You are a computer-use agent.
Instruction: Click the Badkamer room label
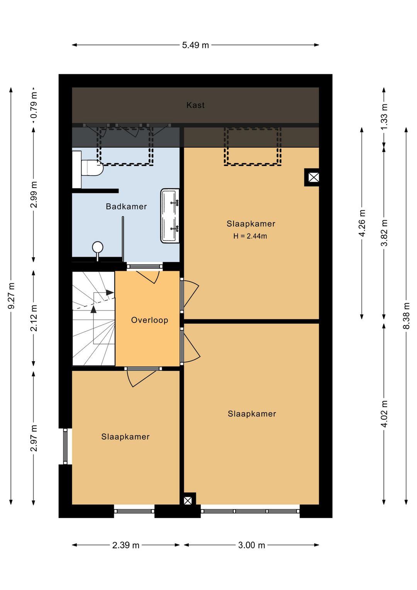[126, 206]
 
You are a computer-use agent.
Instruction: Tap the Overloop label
[149, 320]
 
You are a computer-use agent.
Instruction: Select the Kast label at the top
[195, 105]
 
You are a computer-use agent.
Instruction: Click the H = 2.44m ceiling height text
[250, 236]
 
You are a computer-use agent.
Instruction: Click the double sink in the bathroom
[170, 216]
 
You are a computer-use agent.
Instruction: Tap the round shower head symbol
[98, 247]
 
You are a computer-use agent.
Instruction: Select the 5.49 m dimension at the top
[195, 45]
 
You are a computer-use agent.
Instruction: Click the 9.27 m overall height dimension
[11, 296]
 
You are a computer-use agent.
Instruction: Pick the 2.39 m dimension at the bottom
[125, 545]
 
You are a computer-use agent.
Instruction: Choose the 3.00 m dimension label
[251, 545]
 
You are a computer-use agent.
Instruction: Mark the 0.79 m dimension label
[34, 105]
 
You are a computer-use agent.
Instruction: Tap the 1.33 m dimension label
[384, 117]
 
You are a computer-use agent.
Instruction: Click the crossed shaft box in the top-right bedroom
[314, 177]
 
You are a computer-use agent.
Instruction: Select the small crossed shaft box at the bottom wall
[188, 501]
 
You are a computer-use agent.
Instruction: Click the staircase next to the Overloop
[93, 318]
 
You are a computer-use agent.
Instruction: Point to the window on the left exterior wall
[65, 446]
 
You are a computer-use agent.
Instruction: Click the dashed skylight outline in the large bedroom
[253, 147]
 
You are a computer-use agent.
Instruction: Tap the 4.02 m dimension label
[384, 414]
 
